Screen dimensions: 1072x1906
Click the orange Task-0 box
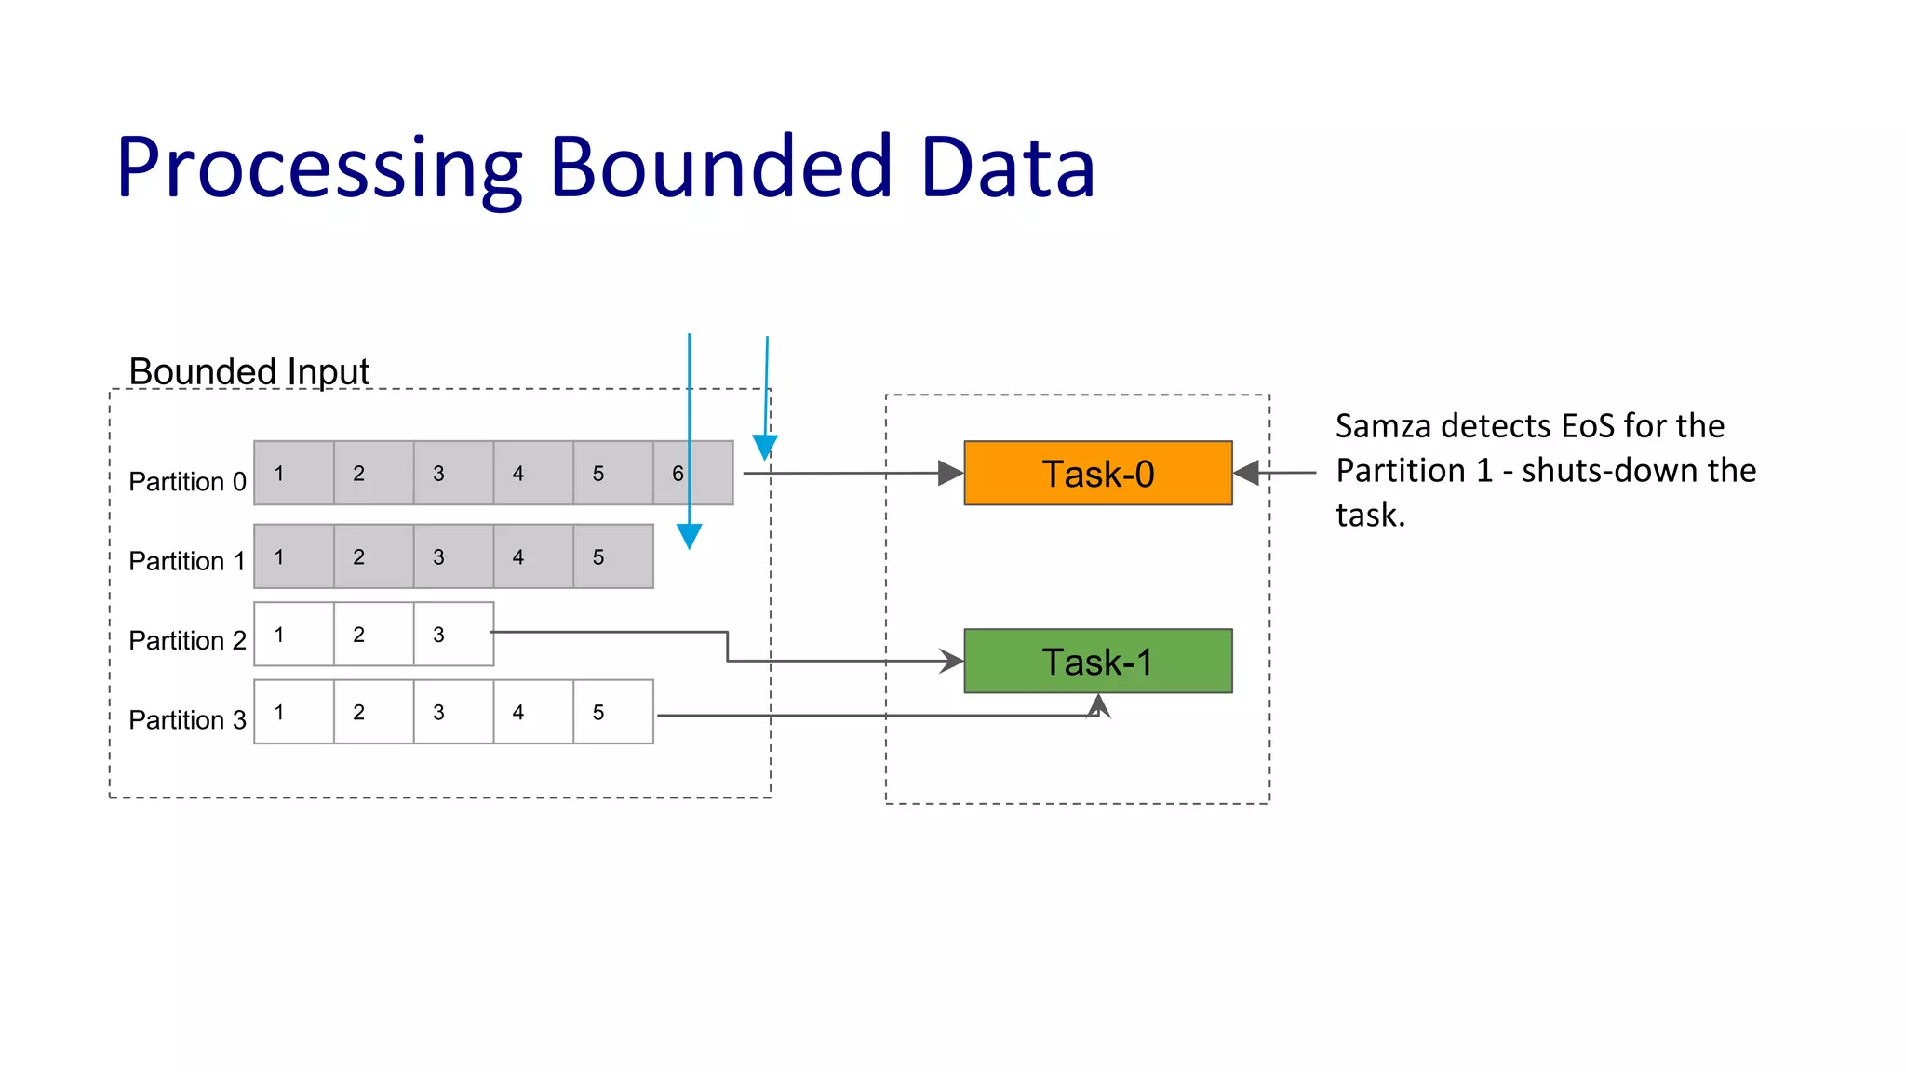coord(1097,474)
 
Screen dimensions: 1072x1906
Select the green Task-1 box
coord(1097,662)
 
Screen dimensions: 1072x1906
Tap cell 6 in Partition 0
coord(692,473)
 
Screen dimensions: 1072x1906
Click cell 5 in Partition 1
coord(612,556)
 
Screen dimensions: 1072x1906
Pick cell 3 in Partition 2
coord(452,635)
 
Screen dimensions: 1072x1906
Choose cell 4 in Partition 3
coord(532,712)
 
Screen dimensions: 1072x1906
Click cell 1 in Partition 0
coord(293,473)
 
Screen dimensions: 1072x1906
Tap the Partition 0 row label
coord(187,481)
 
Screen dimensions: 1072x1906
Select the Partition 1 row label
coord(187,561)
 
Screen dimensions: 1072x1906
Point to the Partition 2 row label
coord(187,640)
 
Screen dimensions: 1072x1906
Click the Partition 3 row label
coord(187,719)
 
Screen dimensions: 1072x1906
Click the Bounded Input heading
coord(248,371)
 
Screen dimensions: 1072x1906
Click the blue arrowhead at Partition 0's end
coord(765,447)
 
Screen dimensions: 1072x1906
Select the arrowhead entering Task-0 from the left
coord(950,473)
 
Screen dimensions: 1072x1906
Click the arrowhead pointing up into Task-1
coord(1099,704)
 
